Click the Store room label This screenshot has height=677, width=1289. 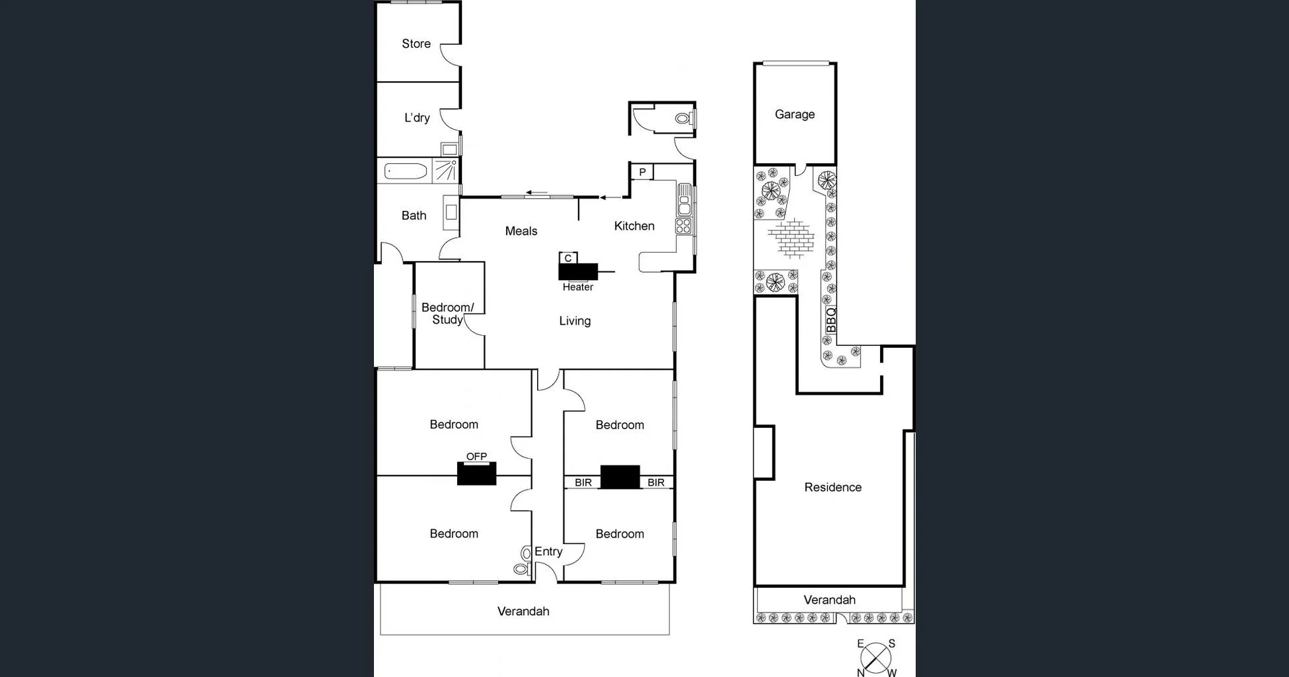coord(416,44)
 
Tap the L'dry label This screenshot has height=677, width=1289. coord(417,118)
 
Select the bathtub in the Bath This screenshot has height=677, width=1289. coord(406,172)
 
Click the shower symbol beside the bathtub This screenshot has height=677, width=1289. coord(446,171)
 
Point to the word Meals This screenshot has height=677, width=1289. coord(521,231)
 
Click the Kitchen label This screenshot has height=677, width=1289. coord(634,226)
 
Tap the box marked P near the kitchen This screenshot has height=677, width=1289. coord(642,172)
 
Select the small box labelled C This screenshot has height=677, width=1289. coord(568,258)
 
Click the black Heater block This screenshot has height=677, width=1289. coord(578,271)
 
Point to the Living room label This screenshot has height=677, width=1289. coord(575,321)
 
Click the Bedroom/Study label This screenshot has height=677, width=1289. coord(447,314)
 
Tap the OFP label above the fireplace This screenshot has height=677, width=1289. coord(477,457)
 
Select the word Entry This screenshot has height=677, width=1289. coord(548,551)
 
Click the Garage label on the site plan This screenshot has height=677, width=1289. coord(795,114)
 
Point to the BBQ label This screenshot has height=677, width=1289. coord(831,320)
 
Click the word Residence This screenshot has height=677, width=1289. coord(832,488)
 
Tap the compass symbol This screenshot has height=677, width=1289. coord(876,658)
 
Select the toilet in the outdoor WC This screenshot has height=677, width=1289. coord(683,119)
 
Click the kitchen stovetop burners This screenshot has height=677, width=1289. coord(683,226)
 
